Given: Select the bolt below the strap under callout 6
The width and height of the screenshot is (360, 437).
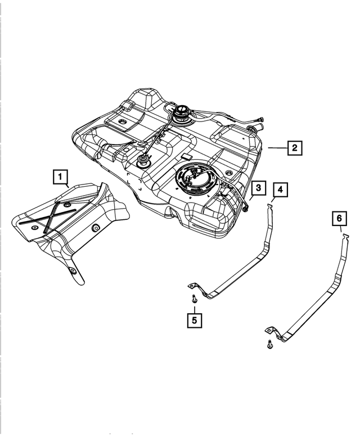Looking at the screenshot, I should [x=269, y=344].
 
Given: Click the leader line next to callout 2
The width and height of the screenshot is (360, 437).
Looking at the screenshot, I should [x=277, y=148].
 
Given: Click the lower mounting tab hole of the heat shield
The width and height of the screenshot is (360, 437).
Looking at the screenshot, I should [x=73, y=271].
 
